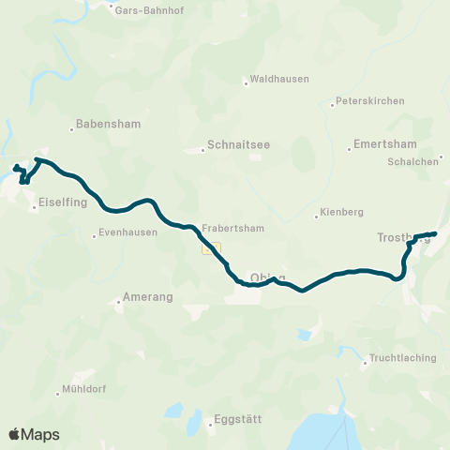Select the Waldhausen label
tap(279, 80)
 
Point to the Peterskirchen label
tap(369, 100)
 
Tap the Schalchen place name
tap(413, 161)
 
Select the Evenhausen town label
tap(128, 233)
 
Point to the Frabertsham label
tap(232, 228)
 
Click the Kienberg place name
tap(341, 212)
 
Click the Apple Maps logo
tap(35, 434)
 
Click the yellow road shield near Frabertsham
tap(210, 248)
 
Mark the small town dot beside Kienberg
tap(317, 217)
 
